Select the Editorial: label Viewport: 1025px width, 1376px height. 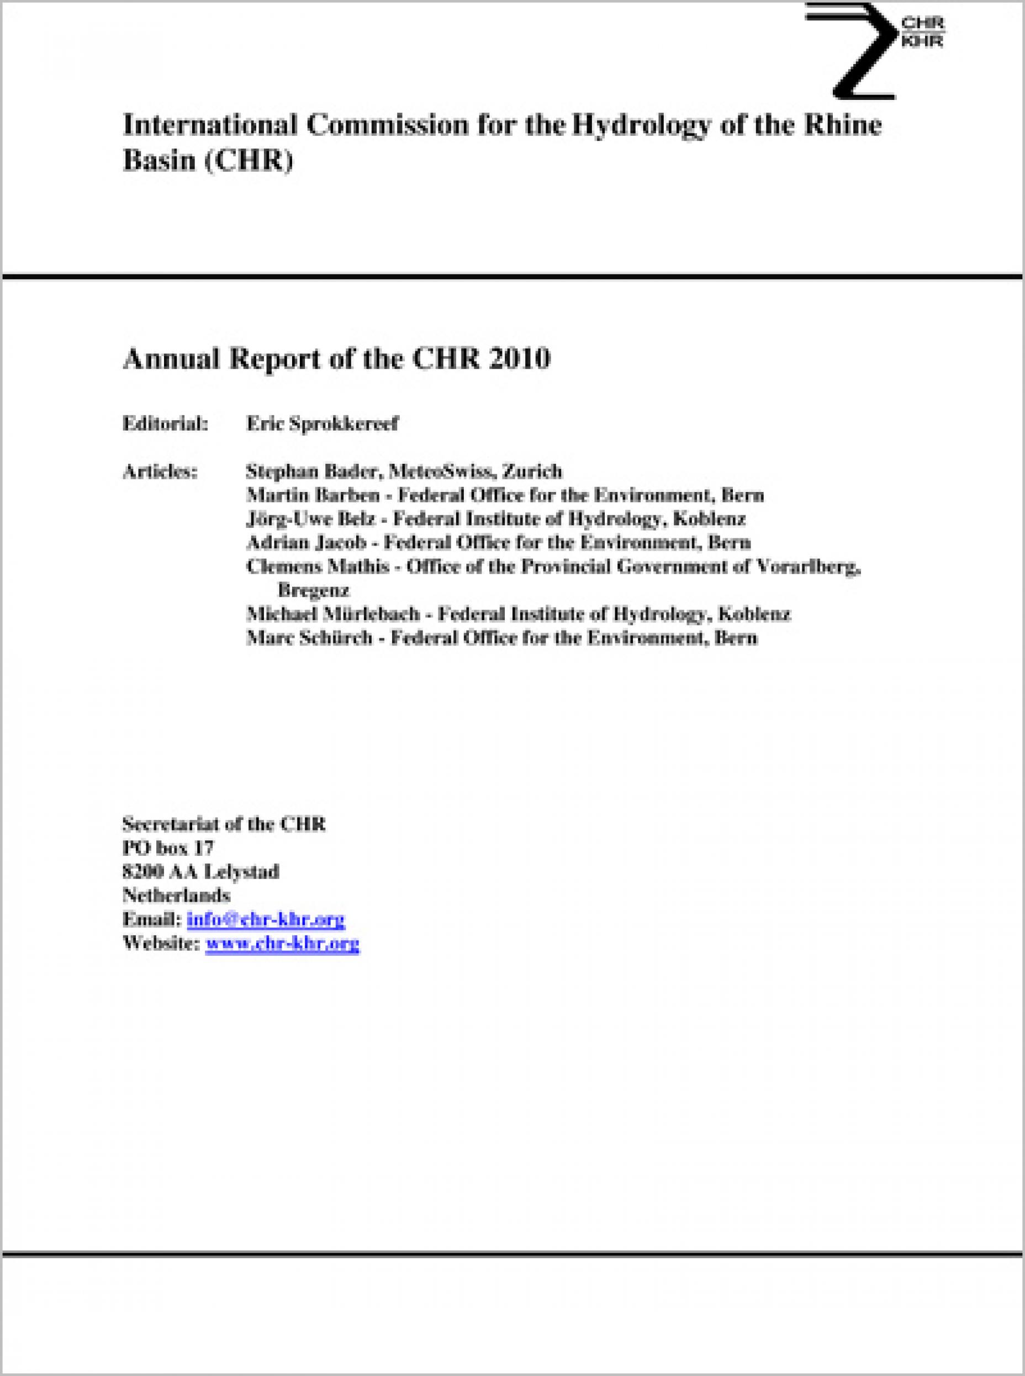click(165, 424)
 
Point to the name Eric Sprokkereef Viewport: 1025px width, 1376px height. click(323, 424)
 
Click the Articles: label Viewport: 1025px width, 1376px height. click(160, 472)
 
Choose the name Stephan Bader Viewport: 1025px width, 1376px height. click(313, 472)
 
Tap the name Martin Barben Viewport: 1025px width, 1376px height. click(313, 495)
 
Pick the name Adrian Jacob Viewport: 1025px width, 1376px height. click(305, 543)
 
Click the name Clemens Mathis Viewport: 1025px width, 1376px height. click(318, 567)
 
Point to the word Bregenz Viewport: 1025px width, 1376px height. click(314, 590)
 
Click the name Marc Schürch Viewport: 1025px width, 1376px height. click(309, 638)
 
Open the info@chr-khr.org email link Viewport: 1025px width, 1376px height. click(266, 919)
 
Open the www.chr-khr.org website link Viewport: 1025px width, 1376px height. click(282, 944)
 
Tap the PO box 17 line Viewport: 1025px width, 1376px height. click(168, 848)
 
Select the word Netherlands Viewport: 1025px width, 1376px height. click(176, 896)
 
